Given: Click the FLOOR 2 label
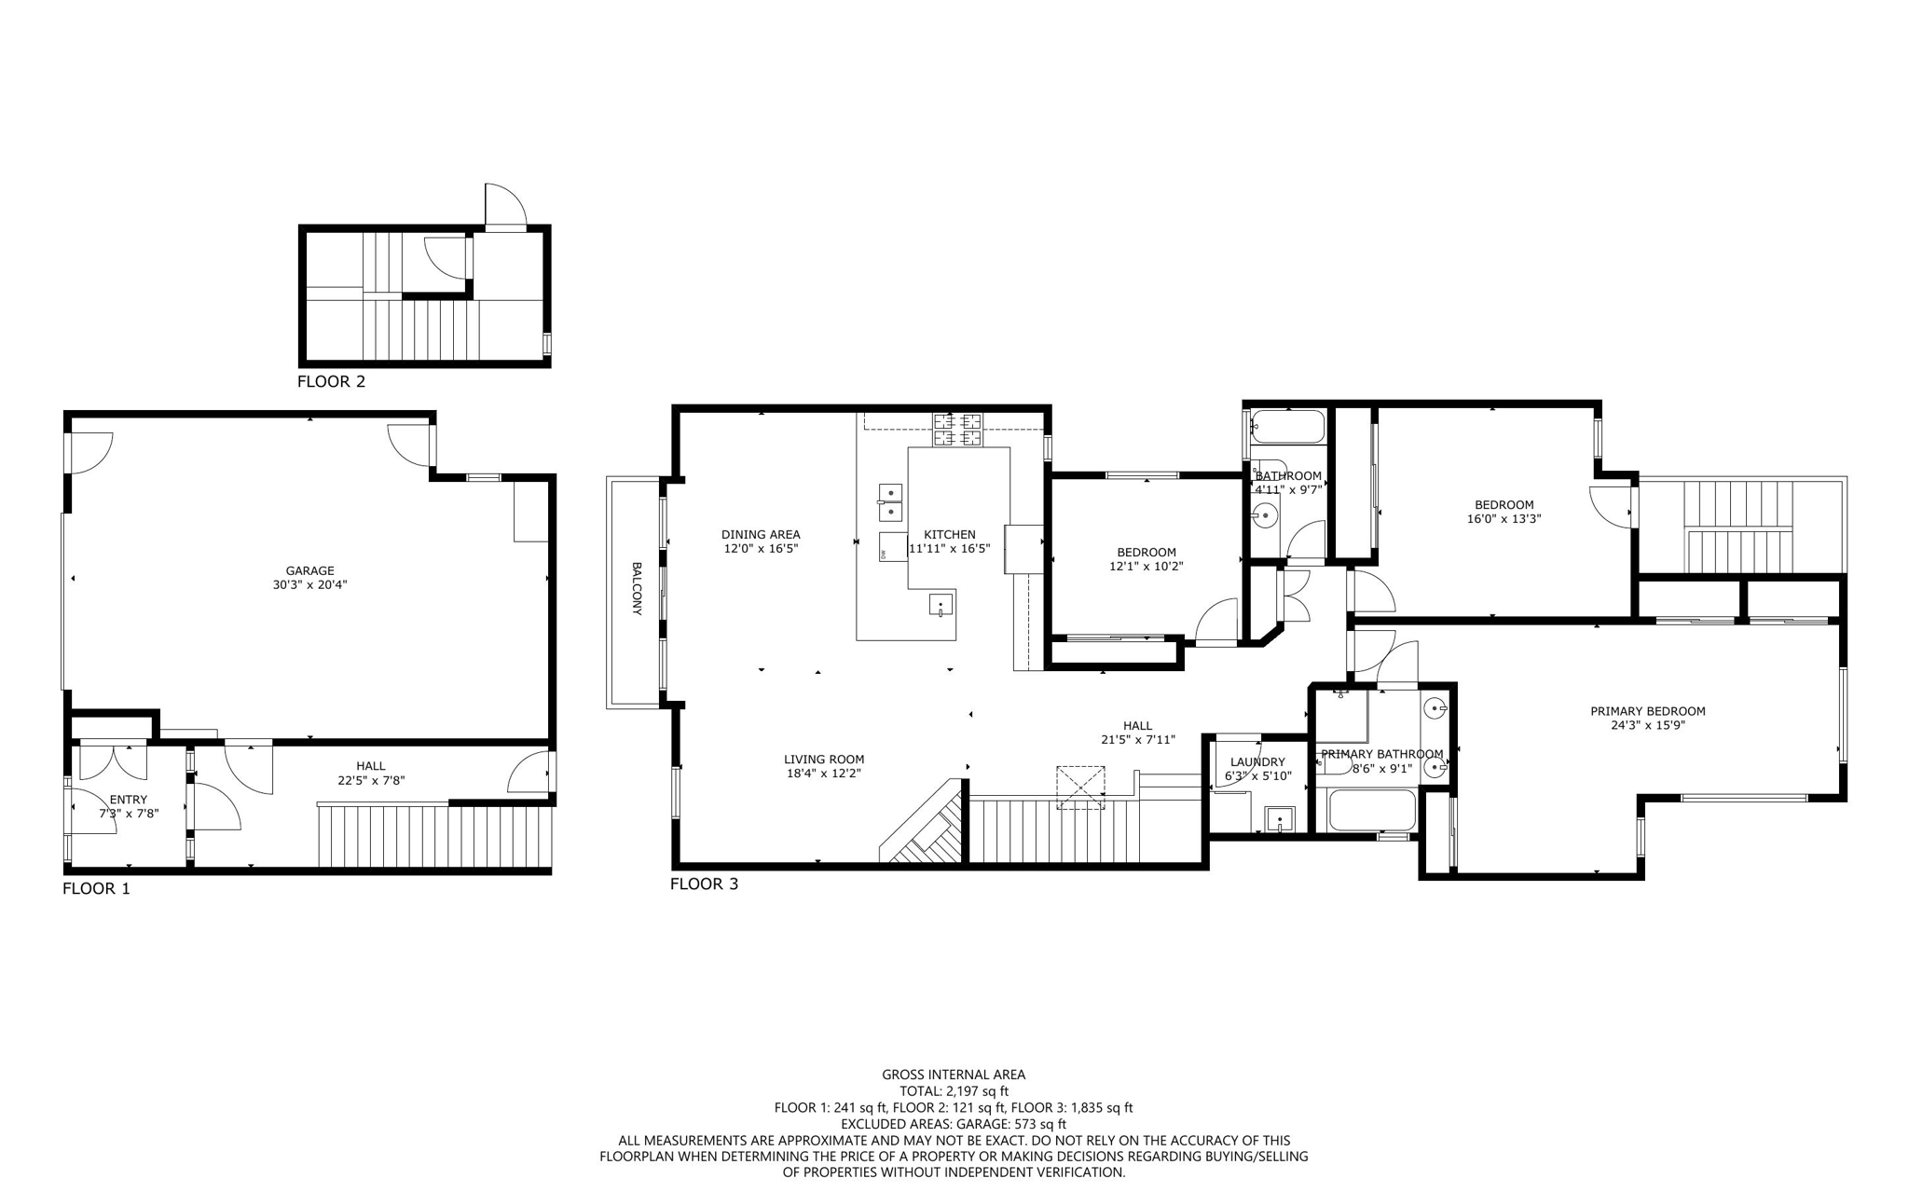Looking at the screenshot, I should (331, 381).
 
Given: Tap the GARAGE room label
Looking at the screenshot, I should (309, 571).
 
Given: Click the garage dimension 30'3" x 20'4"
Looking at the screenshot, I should (309, 585).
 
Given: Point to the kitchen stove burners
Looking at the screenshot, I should (958, 430).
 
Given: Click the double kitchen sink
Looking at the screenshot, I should (890, 501).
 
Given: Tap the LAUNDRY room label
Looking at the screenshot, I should (1257, 761).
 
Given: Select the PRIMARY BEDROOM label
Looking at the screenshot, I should (1647, 711).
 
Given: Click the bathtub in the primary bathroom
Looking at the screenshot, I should (1372, 810).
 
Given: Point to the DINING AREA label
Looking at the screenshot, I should (761, 535).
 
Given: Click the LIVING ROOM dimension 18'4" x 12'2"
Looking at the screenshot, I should (824, 773).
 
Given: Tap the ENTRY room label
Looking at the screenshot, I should (129, 800).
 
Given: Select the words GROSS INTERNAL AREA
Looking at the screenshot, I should (954, 1075).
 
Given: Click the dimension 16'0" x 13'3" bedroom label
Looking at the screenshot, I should (1504, 519).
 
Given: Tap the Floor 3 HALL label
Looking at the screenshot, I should (1137, 726).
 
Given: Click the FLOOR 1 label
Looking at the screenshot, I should (96, 888).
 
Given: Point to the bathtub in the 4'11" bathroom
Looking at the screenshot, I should (1287, 427).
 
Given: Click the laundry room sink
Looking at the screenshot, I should (1280, 819).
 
